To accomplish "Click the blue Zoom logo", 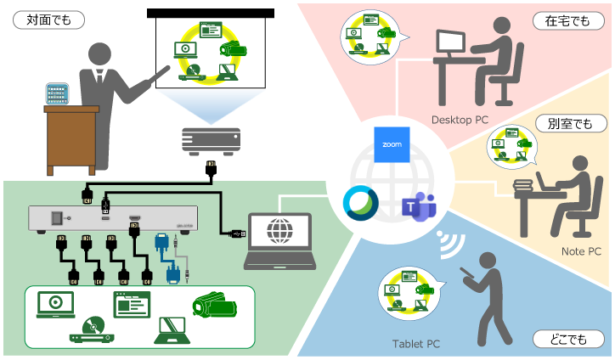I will (392, 145).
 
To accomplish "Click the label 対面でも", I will (39, 18).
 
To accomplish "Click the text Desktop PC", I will (460, 121).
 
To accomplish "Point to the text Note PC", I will (581, 251).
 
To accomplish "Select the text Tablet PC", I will (415, 344).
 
